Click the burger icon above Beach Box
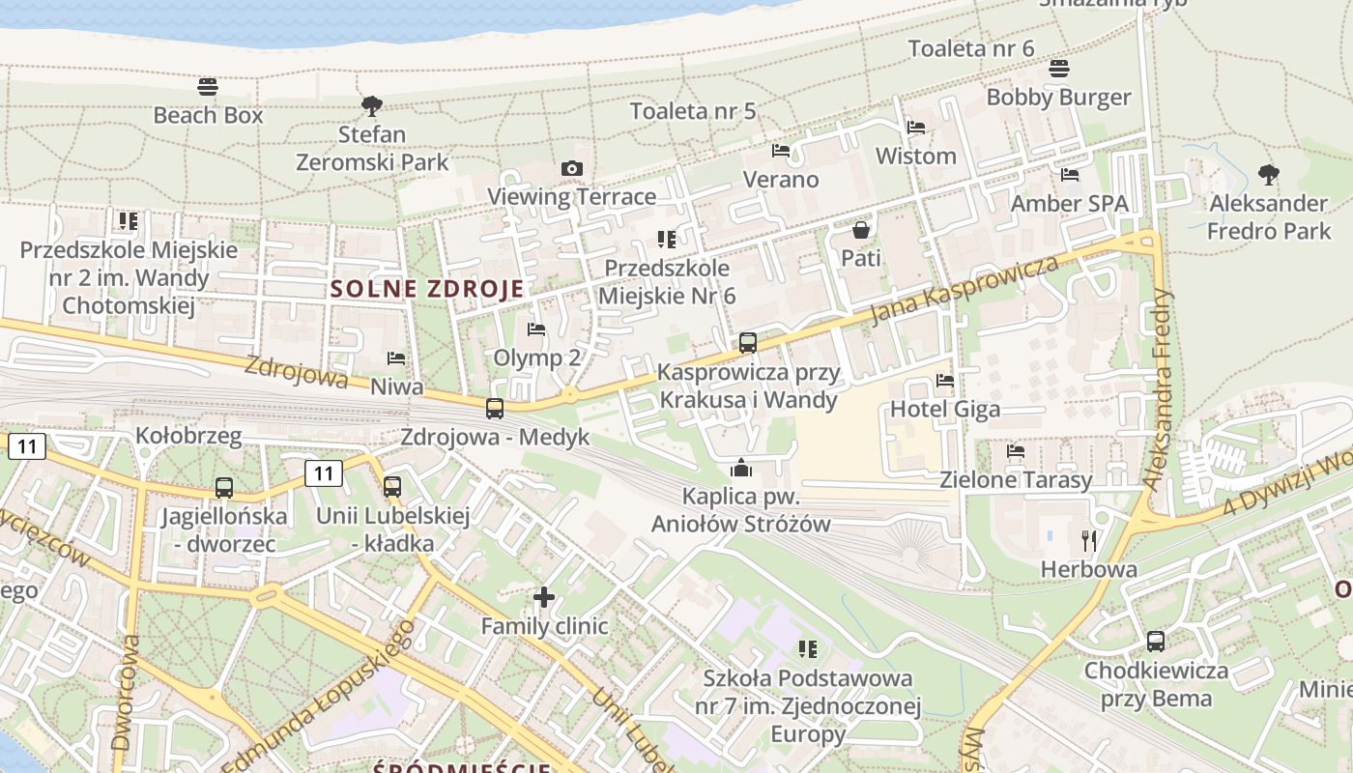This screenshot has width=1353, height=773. (208, 87)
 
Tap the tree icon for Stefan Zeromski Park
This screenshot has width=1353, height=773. (372, 105)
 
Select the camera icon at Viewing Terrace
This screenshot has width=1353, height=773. (572, 169)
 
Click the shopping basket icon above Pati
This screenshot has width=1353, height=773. (860, 230)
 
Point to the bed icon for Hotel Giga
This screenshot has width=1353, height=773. (945, 381)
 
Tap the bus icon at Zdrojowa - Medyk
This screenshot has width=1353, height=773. (495, 409)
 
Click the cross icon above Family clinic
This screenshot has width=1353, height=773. (544, 597)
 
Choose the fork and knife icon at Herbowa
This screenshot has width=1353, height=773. (1089, 541)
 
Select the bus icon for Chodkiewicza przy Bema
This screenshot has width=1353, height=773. (1155, 642)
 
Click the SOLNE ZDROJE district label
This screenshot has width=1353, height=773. (427, 288)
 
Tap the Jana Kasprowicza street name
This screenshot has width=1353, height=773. (964, 288)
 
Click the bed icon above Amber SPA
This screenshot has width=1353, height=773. (1070, 175)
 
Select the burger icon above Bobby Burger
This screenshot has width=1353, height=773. (1059, 69)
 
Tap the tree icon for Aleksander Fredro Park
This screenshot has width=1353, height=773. (1269, 175)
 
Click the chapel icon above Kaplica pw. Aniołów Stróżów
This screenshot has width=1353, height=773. (741, 469)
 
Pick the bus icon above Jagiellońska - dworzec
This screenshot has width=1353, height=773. (224, 488)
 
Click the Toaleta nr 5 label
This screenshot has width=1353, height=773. (693, 111)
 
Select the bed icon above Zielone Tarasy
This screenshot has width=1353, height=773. (1016, 451)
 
